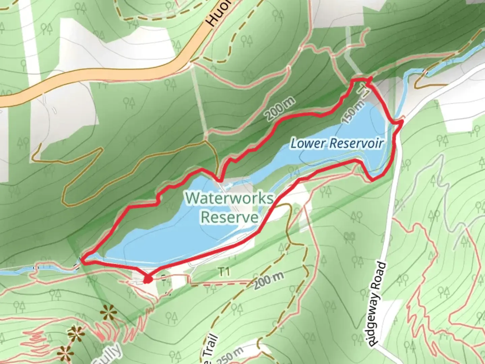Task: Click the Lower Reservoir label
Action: tap(337, 143)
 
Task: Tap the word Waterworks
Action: tap(229, 198)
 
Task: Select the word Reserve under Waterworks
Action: tap(229, 217)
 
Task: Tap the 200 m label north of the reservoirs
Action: tap(280, 109)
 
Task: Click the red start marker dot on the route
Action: tap(147, 279)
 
